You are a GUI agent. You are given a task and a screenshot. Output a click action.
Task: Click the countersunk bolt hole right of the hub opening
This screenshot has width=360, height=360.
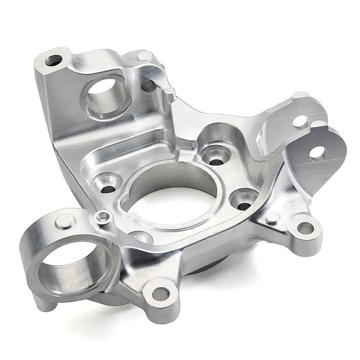pos(239,199)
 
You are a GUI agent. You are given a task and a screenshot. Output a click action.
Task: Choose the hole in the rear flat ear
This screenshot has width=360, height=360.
pos(298,121)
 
